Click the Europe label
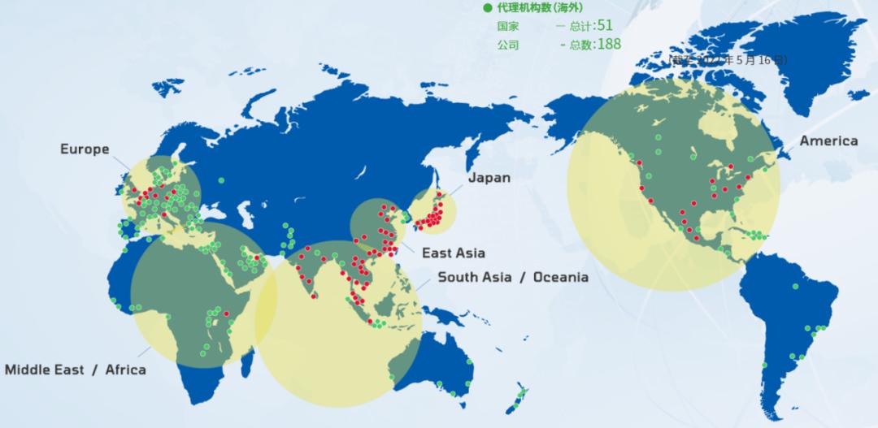tap(84, 149)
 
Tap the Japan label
tap(489, 178)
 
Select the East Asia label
tap(453, 253)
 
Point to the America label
tap(828, 141)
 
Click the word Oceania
tap(560, 278)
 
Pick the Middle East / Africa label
tap(76, 370)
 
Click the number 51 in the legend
tap(604, 25)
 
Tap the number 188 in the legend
tap(609, 44)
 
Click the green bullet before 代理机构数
tap(488, 8)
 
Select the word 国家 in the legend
tap(508, 26)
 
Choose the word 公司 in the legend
tap(508, 45)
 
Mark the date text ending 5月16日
tap(728, 60)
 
